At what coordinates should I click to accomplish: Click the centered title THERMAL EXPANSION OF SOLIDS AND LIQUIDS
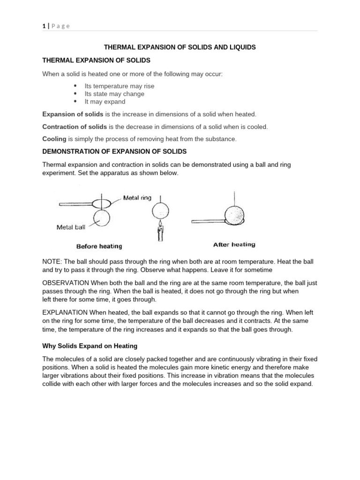(180, 48)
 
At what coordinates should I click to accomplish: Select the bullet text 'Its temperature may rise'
(119, 86)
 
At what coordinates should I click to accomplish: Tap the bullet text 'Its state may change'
(114, 94)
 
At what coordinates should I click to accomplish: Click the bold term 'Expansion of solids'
(73, 114)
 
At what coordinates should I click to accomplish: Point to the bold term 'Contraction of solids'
(75, 127)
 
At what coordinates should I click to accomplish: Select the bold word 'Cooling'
(54, 139)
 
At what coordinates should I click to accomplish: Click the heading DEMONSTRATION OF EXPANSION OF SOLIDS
(114, 151)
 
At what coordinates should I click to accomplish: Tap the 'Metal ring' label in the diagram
(137, 198)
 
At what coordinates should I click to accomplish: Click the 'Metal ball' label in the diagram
(71, 227)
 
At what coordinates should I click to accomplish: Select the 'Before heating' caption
(99, 246)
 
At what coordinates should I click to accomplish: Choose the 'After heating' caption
(234, 244)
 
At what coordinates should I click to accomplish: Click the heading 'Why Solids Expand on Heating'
(90, 346)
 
